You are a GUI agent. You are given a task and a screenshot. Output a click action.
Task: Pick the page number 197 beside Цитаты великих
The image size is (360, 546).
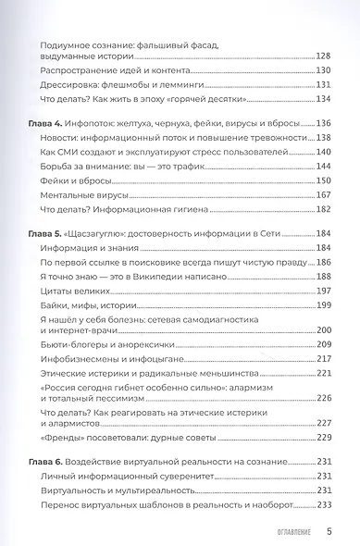pos(323,290)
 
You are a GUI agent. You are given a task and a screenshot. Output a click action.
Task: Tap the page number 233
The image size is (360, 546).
pos(323,504)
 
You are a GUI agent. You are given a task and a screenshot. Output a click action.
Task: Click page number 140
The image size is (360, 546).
pos(323,151)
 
